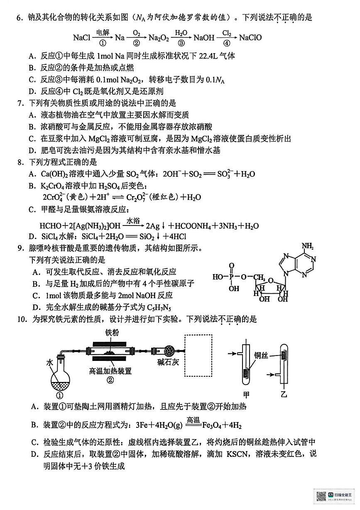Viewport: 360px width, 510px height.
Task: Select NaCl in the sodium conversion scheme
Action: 81,38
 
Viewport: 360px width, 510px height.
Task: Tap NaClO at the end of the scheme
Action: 250,38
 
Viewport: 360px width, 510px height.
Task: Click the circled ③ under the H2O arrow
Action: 181,43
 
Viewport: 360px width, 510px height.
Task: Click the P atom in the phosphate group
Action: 232,277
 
